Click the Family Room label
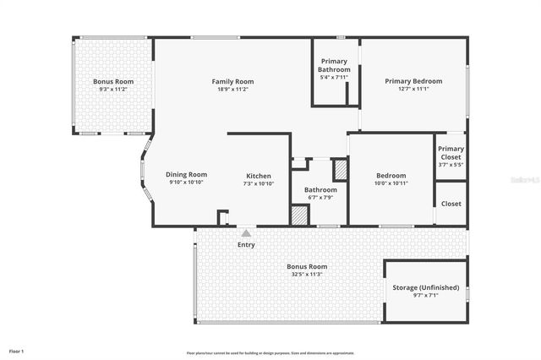(232, 81)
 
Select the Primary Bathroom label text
(334, 65)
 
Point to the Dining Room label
(186, 174)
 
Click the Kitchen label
(259, 176)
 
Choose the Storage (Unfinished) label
(426, 287)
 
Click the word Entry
(246, 245)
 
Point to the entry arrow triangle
(246, 232)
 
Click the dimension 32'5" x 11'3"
(306, 274)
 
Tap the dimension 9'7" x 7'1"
(426, 296)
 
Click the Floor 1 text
(17, 350)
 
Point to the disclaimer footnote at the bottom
(270, 352)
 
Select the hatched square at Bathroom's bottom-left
(299, 215)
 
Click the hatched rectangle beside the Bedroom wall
(341, 170)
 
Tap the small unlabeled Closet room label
(451, 204)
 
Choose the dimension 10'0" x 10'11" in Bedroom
(391, 183)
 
